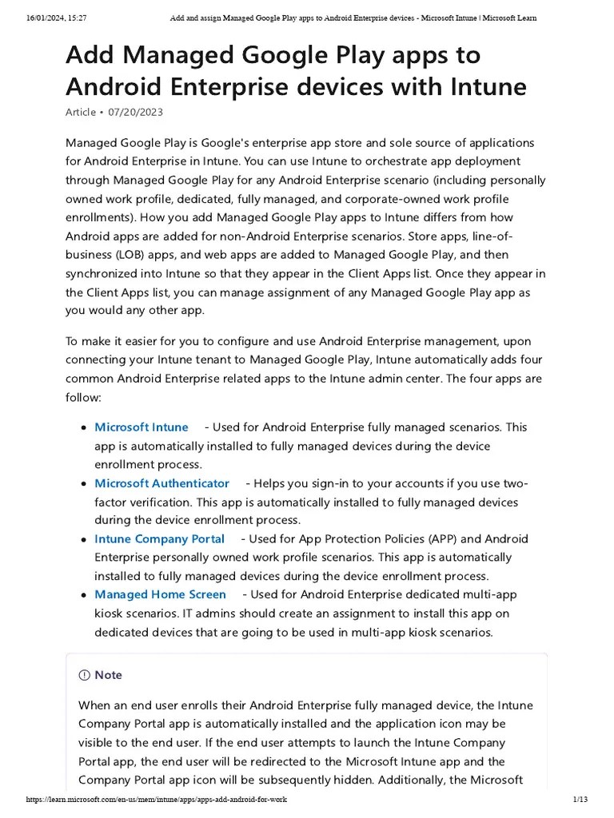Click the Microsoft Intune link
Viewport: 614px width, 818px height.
(142, 427)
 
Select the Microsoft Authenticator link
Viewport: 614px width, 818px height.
(161, 483)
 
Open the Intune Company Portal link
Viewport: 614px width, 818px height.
(159, 539)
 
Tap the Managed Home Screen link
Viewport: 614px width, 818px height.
(160, 594)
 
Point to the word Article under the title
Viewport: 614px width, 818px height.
(81, 113)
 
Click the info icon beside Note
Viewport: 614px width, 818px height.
(85, 675)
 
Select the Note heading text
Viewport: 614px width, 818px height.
(108, 675)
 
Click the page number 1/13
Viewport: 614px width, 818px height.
(580, 800)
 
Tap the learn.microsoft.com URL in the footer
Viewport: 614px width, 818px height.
(156, 800)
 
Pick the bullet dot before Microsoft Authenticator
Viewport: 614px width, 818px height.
(83, 484)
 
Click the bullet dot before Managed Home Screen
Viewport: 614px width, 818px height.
(83, 595)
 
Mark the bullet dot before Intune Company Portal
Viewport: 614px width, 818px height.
(83, 540)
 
